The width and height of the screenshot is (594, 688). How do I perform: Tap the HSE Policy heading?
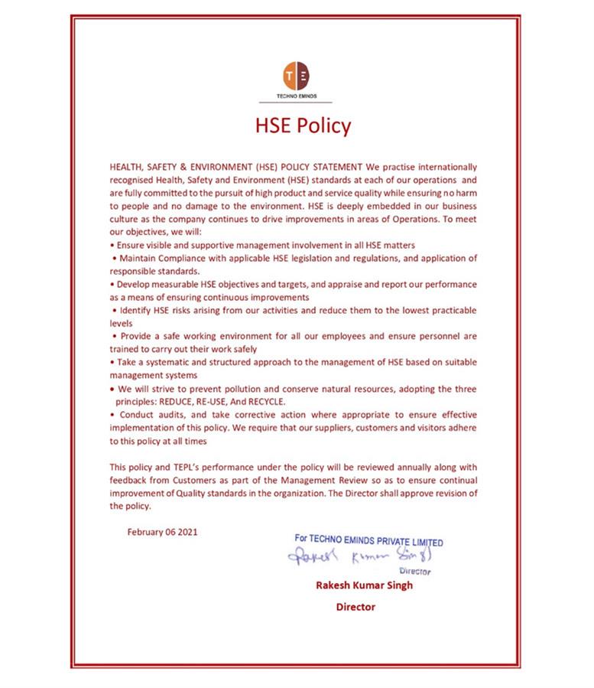point(303,126)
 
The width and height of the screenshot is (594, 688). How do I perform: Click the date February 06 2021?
point(162,532)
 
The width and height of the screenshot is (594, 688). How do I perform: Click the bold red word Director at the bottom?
point(355,607)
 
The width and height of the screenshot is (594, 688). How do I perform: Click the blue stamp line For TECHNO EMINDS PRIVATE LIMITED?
point(368,540)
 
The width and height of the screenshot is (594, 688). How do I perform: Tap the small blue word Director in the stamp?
point(414,572)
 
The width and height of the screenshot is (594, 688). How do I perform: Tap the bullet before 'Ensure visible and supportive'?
point(112,246)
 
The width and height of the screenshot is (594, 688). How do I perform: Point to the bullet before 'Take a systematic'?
point(112,363)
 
